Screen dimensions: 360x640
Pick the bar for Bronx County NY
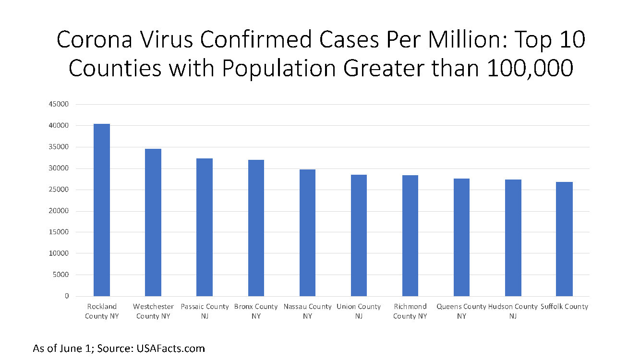256,228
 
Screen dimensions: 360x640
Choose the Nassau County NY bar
307,233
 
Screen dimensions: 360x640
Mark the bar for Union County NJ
359,235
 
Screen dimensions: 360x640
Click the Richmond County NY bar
410,236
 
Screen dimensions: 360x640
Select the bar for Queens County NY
461,237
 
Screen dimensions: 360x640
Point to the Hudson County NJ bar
513,238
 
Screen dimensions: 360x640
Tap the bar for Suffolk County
564,239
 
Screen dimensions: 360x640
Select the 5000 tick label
61,275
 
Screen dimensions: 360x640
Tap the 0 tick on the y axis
67,296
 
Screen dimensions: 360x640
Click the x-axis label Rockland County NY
102,311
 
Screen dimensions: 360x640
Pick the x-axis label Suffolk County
564,306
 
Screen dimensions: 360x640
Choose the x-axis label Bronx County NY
256,311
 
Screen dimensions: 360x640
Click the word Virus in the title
163,40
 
